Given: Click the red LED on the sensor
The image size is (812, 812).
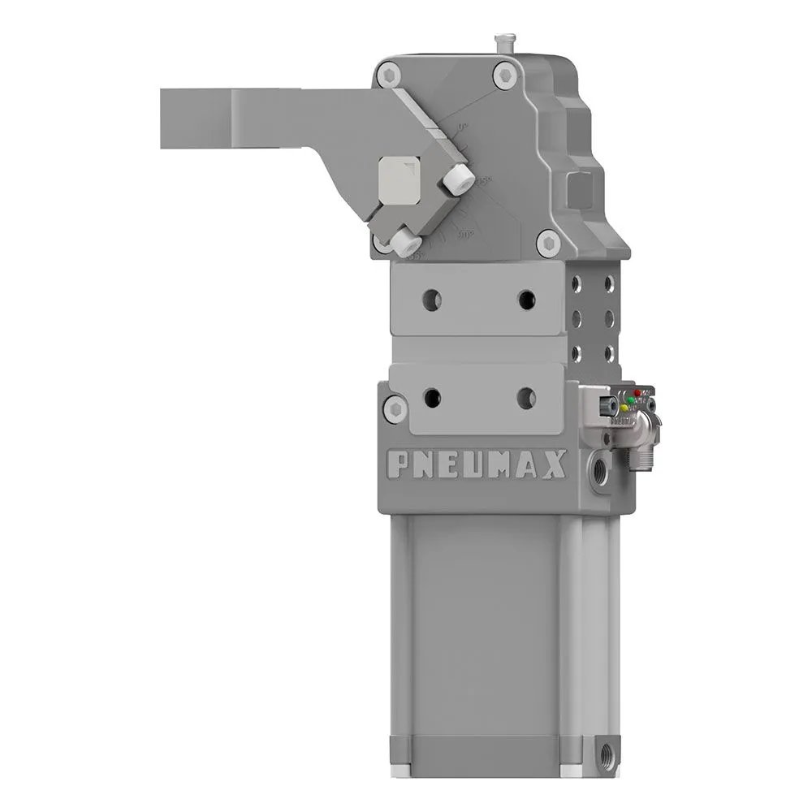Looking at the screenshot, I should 637,393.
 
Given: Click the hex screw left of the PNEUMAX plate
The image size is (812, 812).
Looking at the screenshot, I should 395,408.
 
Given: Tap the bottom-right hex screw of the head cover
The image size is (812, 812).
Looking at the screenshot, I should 548,242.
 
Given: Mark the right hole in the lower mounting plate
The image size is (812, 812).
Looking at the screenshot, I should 526,398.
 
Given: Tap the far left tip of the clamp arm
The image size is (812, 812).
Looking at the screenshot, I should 165,119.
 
